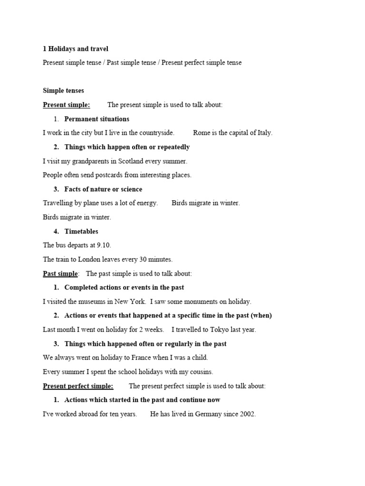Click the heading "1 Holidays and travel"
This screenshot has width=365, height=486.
pos(76,49)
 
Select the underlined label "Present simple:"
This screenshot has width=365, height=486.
pos(67,105)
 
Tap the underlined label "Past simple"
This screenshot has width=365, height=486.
pos(60,273)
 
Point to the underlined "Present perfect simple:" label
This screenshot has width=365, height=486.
pos(78,386)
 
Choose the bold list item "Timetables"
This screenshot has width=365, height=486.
pos(81,232)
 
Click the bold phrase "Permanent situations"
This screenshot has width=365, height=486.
pos(97,119)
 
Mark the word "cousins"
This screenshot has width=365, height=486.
pos(200,372)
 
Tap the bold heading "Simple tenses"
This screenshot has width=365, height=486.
pos(63,91)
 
